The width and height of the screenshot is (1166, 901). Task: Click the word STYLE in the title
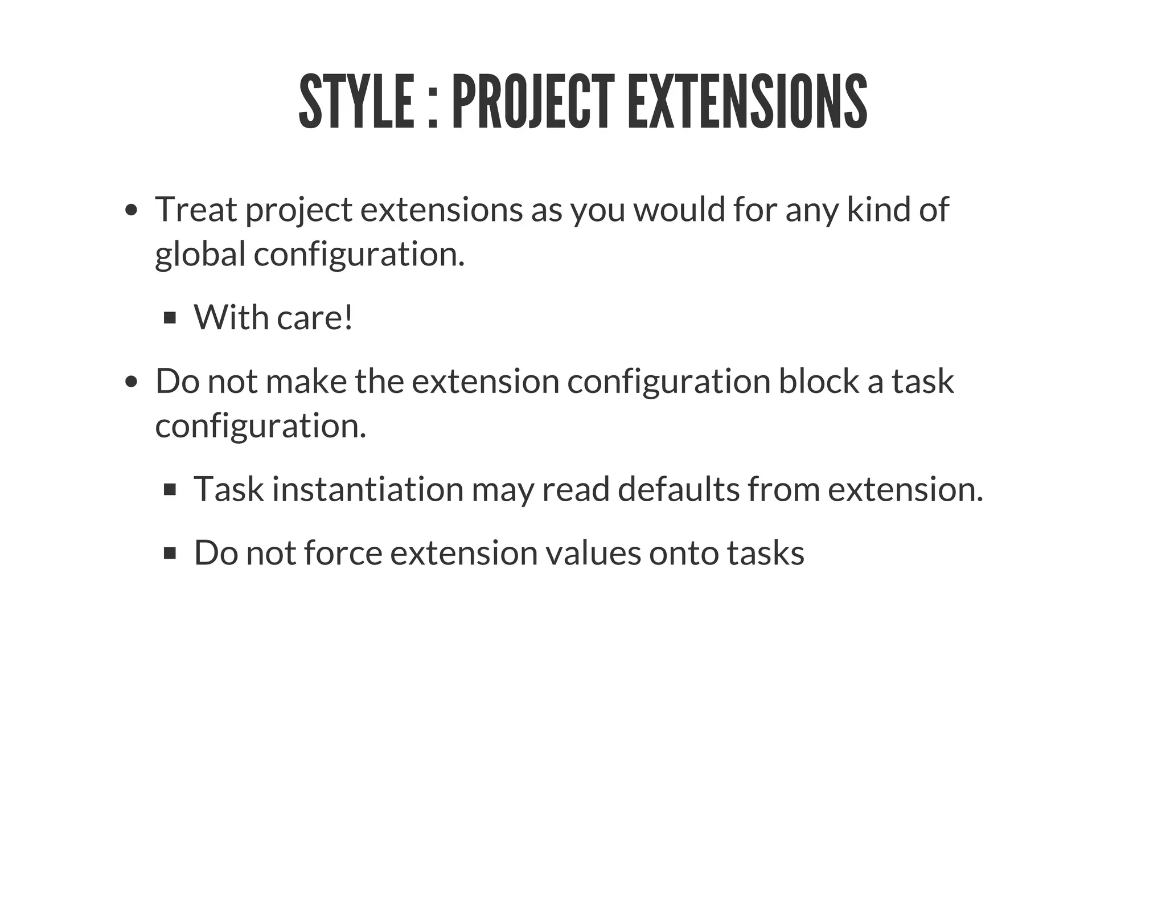356,102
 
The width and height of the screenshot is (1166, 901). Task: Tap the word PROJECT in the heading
533,102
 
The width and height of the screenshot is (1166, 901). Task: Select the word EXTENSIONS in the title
747,102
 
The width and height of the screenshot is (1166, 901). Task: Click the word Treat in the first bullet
196,209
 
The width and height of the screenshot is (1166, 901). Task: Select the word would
679,209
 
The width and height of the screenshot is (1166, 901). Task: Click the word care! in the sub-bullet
315,317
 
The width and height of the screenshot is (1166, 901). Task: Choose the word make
306,381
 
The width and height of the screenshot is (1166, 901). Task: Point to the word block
819,381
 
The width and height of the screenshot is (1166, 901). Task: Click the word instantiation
368,489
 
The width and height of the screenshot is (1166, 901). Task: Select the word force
343,553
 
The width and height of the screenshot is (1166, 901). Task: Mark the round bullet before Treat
132,210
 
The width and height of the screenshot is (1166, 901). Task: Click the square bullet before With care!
170,318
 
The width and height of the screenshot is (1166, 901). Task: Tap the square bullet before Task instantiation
170,489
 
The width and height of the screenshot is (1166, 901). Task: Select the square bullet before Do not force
170,553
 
